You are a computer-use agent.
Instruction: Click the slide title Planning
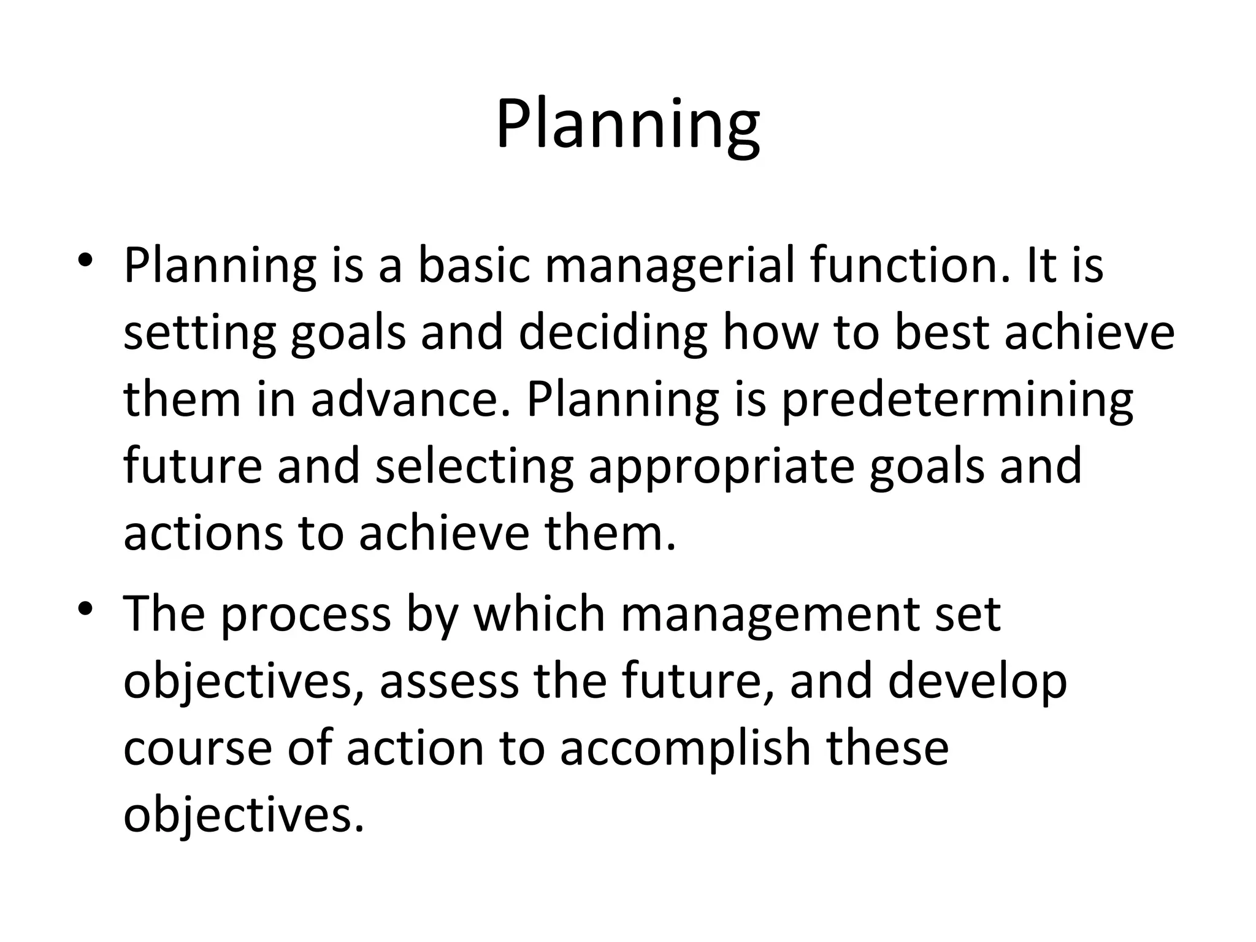click(x=627, y=126)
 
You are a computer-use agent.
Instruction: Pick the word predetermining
click(x=957, y=399)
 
